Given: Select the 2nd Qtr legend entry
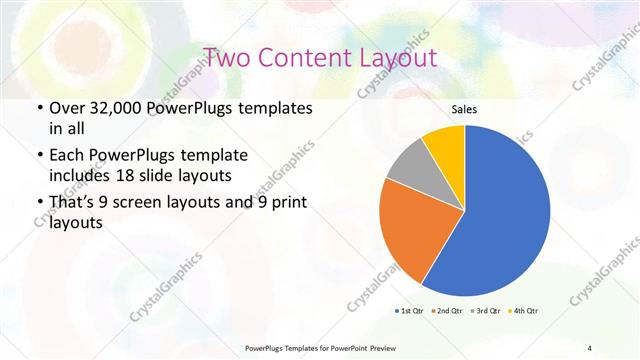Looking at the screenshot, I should click(x=445, y=311).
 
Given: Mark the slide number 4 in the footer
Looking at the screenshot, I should click(x=590, y=347).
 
